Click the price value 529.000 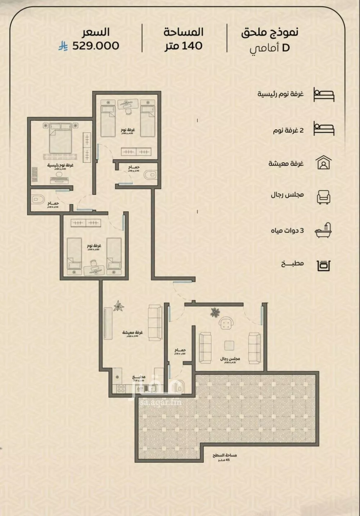[96, 46]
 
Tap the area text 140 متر [184, 46]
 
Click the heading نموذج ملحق [270, 32]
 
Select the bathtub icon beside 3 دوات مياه [323, 230]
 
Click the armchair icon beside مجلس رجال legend [323, 197]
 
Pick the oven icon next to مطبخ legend [323, 265]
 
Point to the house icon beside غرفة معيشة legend [323, 163]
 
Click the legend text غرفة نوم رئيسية [280, 94]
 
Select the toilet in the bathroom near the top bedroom [149, 175]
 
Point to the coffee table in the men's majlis [230, 345]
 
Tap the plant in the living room [118, 306]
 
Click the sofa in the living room [155, 323]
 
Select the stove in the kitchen [120, 389]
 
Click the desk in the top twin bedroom [126, 104]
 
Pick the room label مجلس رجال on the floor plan [230, 359]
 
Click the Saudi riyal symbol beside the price [63, 46]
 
